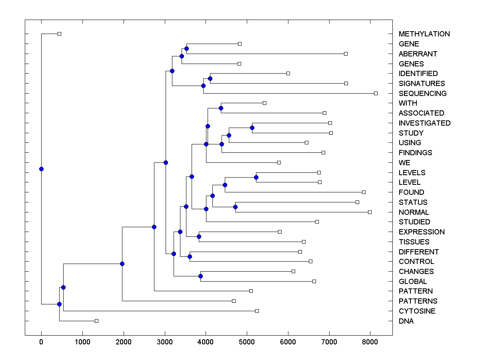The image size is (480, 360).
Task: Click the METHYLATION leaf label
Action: coord(424,34)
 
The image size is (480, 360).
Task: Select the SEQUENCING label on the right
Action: coord(422,94)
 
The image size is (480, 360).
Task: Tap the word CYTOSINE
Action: coord(417,311)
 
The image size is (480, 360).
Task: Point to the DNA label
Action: coord(406,321)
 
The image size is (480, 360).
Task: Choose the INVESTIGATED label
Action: coord(424,123)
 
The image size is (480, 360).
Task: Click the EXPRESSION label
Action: coord(422,232)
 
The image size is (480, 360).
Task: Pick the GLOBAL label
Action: coord(412,282)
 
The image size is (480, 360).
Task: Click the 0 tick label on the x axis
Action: coord(41,342)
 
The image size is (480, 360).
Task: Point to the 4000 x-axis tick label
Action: coord(206,342)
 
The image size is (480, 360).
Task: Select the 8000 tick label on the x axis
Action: coord(370,342)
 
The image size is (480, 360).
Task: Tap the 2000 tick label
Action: coord(124,342)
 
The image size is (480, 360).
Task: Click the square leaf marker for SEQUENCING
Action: coord(376,93)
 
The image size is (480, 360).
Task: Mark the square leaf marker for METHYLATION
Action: coord(59,34)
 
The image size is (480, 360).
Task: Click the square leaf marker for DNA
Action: coord(96,321)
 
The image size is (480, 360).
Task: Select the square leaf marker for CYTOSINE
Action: coord(257,311)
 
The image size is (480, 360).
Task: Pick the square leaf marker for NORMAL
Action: coord(370,212)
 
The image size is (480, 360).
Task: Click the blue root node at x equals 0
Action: coord(41,169)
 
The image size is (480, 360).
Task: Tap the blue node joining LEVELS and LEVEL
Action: coord(256,177)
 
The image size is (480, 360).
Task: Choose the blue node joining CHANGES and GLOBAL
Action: coord(200,276)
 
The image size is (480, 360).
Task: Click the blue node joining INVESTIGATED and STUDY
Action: coord(252,128)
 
